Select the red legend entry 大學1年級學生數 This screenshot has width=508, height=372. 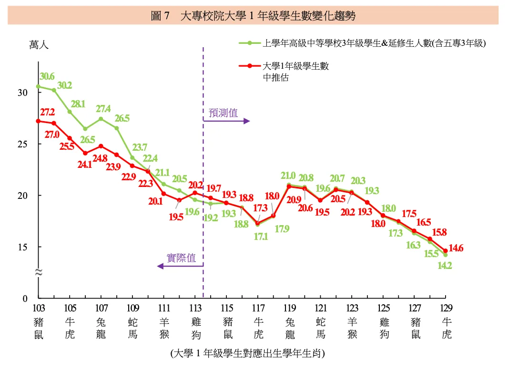click(x=295, y=66)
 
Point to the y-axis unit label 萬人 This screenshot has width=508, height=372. click(x=39, y=45)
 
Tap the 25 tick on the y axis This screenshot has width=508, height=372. click(x=22, y=144)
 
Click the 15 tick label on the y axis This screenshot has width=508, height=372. click(x=22, y=247)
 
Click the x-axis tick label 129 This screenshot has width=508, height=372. click(x=446, y=308)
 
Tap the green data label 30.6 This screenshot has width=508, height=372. click(x=47, y=77)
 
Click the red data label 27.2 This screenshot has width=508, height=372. click(x=47, y=113)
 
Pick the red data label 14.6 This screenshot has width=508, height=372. click(x=456, y=248)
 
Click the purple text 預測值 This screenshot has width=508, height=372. click(x=223, y=113)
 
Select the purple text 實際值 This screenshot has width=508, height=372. click(x=181, y=258)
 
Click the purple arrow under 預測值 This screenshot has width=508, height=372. click(x=226, y=121)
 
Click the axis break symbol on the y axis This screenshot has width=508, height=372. click(x=39, y=272)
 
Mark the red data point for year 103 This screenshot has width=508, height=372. click(x=39, y=121)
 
